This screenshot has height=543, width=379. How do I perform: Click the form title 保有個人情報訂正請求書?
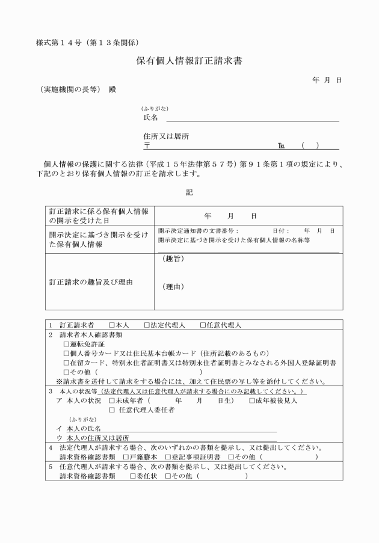189,61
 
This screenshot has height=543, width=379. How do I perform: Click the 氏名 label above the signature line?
150,118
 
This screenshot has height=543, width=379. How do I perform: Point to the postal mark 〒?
147,146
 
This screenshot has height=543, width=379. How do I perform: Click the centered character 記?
189,192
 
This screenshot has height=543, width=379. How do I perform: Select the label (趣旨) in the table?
173,259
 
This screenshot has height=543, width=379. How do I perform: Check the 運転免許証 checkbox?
66,344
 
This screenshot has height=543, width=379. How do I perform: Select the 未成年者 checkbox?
112,400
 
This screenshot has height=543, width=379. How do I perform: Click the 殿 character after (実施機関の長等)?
112,90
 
